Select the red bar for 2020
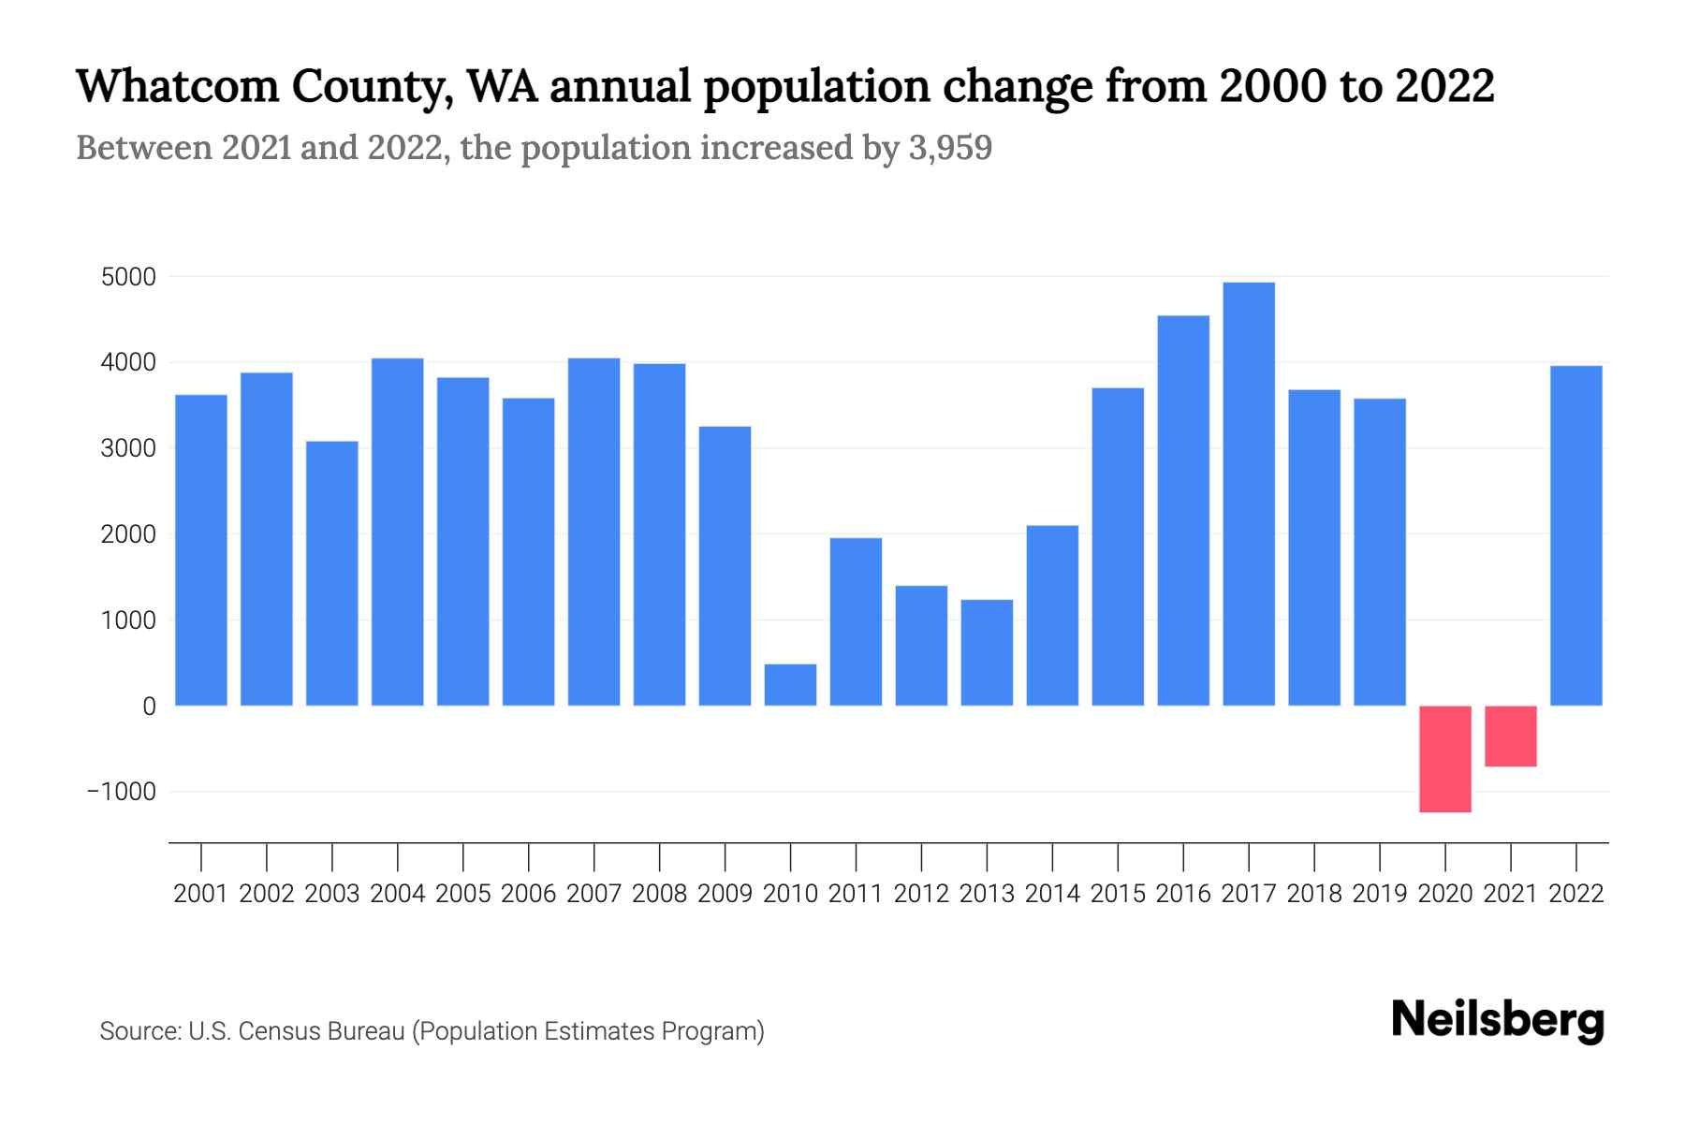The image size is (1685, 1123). (1445, 759)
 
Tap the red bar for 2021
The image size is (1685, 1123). (1511, 737)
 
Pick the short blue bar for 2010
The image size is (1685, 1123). (790, 685)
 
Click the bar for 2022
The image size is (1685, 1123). (1576, 535)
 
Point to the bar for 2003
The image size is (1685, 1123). (332, 573)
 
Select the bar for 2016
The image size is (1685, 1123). (1183, 510)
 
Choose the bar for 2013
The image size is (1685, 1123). (987, 652)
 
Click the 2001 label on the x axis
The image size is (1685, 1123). (201, 895)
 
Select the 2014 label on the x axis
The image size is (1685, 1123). (1052, 895)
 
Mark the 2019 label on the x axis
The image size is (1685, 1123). (1380, 895)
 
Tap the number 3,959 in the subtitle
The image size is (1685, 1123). (950, 148)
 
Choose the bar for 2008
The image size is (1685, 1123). (659, 534)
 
